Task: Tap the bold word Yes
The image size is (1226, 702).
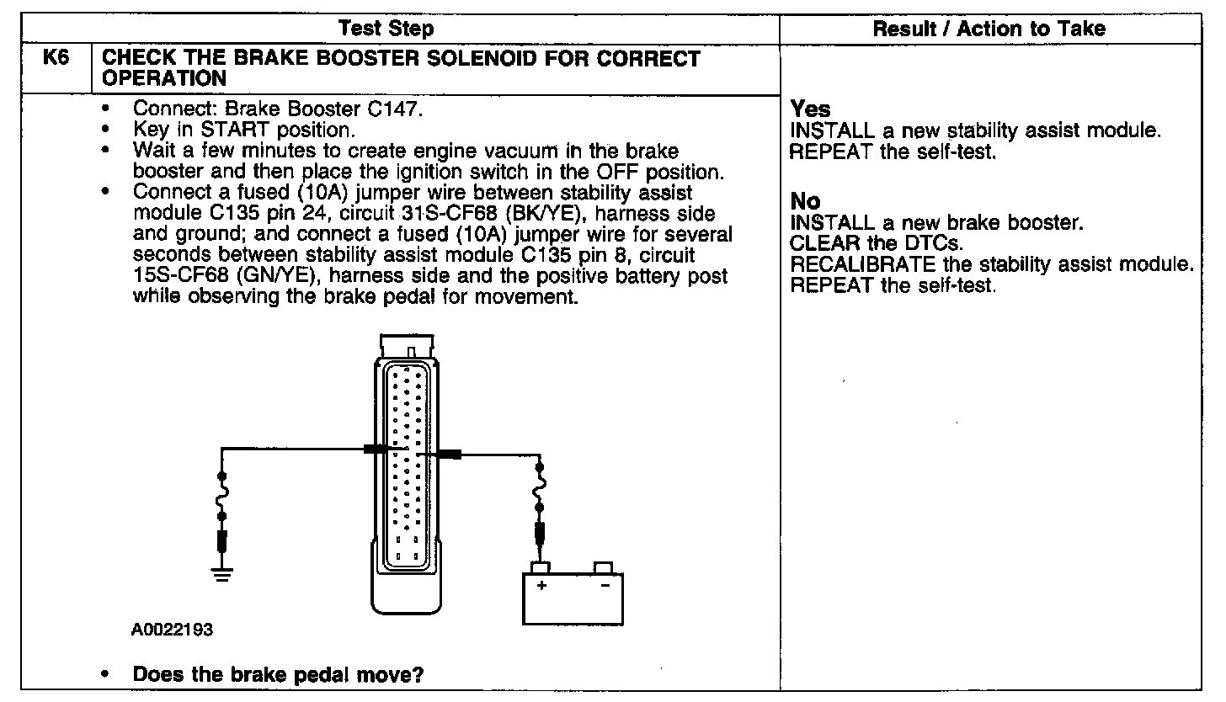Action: tap(810, 109)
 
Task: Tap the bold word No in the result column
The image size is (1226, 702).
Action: tap(806, 202)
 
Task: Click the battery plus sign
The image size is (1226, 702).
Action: tap(541, 585)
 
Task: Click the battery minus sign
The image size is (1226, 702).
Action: tap(605, 585)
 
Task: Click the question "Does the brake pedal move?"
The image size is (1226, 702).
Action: tap(278, 675)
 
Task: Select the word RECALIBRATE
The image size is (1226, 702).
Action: tap(862, 264)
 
